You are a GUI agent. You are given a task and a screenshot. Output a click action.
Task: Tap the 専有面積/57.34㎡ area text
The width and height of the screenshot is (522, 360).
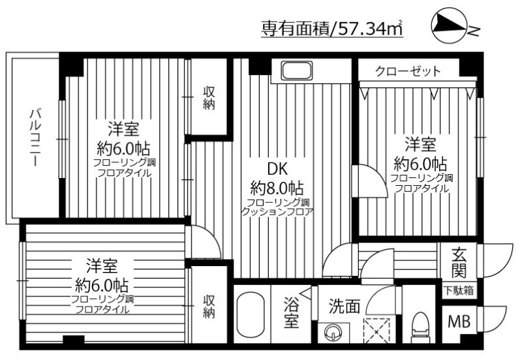[x=331, y=29]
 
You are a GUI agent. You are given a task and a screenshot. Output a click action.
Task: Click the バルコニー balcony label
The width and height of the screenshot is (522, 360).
[x=35, y=138]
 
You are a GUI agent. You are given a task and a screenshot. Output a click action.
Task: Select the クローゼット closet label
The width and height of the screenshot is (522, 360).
[x=408, y=70]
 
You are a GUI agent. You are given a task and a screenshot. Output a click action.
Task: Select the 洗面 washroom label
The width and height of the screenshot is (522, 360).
[x=344, y=306]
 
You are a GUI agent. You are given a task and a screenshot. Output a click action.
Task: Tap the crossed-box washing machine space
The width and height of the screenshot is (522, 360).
[x=377, y=327]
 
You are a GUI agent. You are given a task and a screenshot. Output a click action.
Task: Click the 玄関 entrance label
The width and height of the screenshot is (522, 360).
[x=458, y=261]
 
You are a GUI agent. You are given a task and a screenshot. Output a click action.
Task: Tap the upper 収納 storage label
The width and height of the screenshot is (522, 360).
[x=208, y=98]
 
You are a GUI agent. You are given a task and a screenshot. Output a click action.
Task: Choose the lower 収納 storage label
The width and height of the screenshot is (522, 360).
[x=208, y=307]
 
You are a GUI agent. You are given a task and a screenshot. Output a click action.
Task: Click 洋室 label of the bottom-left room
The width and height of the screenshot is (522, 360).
[x=102, y=266]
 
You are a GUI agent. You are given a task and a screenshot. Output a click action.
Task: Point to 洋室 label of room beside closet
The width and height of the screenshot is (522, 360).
[x=419, y=143]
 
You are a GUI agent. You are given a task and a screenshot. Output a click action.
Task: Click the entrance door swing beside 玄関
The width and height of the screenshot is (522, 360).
[x=493, y=261]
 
